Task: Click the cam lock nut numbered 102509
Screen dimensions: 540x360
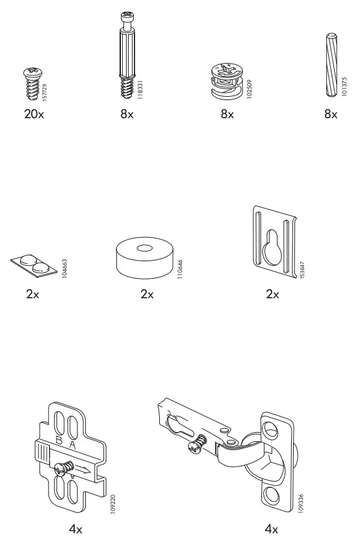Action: pos(227,83)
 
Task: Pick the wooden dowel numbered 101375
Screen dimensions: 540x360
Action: pos(328,65)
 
